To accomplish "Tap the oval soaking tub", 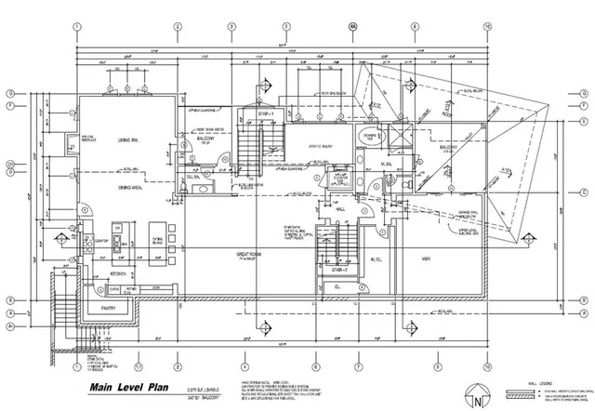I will click(x=362, y=139).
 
